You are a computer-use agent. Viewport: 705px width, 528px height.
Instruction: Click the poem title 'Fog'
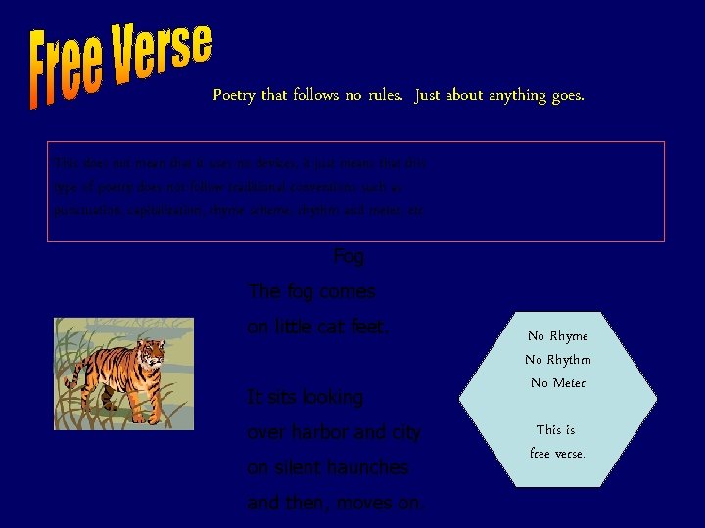pyautogui.click(x=349, y=257)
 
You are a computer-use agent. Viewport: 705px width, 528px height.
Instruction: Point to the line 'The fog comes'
pyautogui.click(x=311, y=291)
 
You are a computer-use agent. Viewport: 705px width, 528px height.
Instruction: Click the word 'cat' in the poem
pyautogui.click(x=333, y=327)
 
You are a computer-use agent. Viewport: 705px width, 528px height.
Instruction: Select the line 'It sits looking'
pyautogui.click(x=305, y=397)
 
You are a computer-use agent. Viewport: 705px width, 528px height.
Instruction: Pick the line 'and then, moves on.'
pyautogui.click(x=336, y=503)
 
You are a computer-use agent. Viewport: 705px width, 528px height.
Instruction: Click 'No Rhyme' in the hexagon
pyautogui.click(x=557, y=336)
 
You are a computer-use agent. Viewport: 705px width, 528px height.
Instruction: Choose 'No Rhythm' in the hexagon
pyautogui.click(x=557, y=360)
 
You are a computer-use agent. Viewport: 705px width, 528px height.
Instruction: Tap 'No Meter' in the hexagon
pyautogui.click(x=557, y=383)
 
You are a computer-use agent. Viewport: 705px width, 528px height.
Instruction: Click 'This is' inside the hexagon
pyautogui.click(x=555, y=430)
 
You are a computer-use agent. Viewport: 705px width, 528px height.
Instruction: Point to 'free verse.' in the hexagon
pyautogui.click(x=557, y=454)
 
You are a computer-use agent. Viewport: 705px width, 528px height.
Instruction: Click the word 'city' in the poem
pyautogui.click(x=404, y=432)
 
